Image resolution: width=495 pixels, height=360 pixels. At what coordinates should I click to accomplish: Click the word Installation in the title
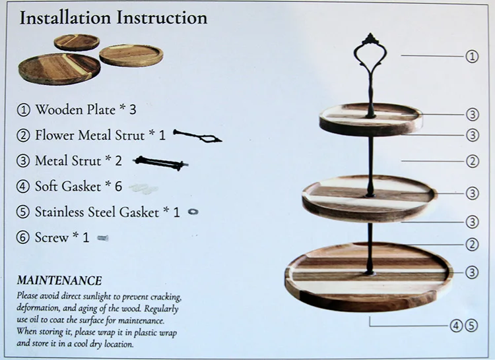coord(65,18)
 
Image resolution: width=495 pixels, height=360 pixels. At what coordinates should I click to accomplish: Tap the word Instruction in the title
coord(162,18)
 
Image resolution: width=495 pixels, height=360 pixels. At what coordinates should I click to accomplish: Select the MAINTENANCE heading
coord(59,280)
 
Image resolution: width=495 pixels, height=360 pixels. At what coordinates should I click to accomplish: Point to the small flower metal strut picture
coord(198,136)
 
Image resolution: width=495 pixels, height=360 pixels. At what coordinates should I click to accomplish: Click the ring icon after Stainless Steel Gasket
coord(193,212)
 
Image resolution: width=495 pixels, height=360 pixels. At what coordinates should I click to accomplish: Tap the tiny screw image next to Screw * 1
coord(102,237)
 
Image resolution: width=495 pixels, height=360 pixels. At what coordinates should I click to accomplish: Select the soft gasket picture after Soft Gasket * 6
coord(144,188)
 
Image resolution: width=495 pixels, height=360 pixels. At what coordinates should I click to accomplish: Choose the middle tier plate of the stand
coord(369,195)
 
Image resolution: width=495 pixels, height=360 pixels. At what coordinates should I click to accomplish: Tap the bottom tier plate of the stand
coord(369,276)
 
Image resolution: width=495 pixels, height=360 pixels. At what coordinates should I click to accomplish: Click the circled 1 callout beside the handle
coord(472,57)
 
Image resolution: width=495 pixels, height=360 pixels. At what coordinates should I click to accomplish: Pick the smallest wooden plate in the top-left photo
coord(77,42)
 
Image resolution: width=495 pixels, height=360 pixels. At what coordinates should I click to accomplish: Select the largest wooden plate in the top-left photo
coord(59,68)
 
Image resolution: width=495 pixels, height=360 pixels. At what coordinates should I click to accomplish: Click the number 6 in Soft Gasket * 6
coord(118,187)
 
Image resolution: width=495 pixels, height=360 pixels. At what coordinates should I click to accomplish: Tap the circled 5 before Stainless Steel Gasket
coord(24,212)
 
